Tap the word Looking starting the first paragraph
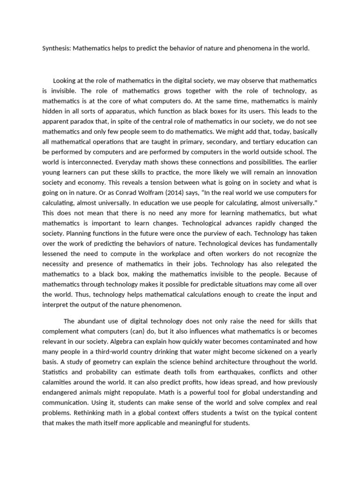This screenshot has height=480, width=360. click(x=66, y=81)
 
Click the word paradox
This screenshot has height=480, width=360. click(x=83, y=121)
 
